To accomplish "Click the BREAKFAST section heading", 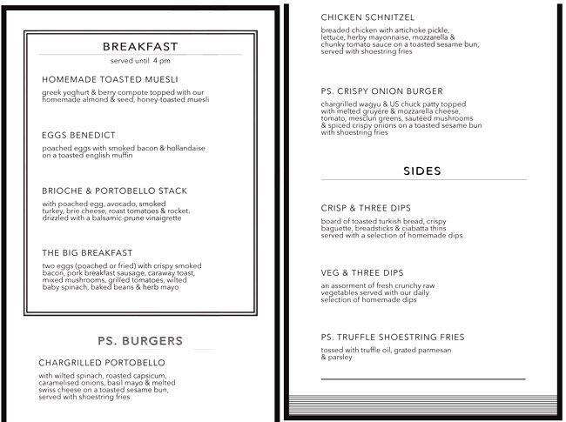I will tap(140, 46).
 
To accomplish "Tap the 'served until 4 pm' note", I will tap(140, 62).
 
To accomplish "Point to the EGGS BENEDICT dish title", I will tap(77, 136).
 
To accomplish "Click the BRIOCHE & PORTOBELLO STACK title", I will tap(114, 191).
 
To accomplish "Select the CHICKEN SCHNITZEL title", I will tap(367, 17).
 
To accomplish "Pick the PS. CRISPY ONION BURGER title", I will tap(381, 91).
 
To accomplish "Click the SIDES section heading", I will tap(422, 171).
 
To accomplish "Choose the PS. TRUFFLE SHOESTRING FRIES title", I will tap(393, 337).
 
